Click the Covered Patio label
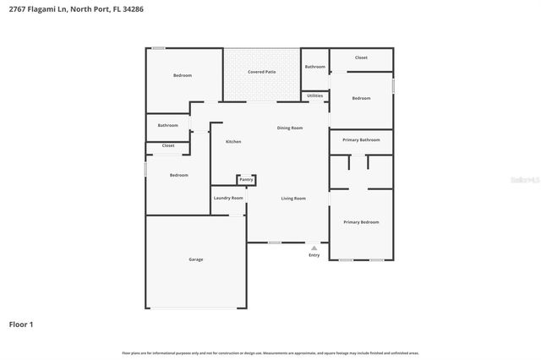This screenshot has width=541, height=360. [262, 73]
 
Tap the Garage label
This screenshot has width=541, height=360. [195, 259]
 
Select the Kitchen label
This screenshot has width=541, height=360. [233, 142]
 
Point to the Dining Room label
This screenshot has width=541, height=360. [290, 128]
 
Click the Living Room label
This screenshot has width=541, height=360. [293, 198]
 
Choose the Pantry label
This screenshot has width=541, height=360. [246, 179]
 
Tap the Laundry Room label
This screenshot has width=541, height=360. [228, 198]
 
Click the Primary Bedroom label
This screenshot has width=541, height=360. [361, 222]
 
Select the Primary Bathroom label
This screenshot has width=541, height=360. [361, 139]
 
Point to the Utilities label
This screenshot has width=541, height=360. [314, 95]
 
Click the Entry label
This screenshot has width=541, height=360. [314, 255]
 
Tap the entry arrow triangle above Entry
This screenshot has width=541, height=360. [314, 248]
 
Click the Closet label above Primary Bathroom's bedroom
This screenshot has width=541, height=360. [361, 57]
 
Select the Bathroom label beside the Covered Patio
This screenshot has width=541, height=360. [315, 67]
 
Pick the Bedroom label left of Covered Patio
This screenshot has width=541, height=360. [183, 75]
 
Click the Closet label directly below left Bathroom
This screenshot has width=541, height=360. [168, 145]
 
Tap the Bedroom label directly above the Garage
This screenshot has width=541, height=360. [178, 175]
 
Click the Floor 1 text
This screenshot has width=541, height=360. [21, 324]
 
